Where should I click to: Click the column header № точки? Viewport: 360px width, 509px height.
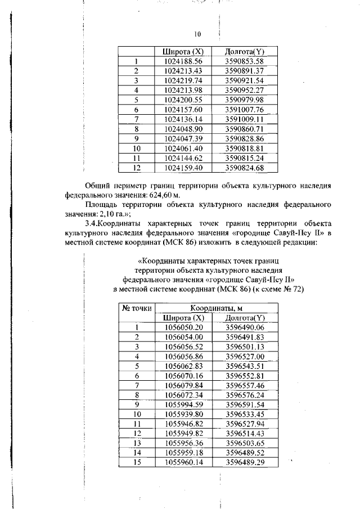coord(137,308)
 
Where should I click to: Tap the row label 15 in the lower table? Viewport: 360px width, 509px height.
coord(137,462)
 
